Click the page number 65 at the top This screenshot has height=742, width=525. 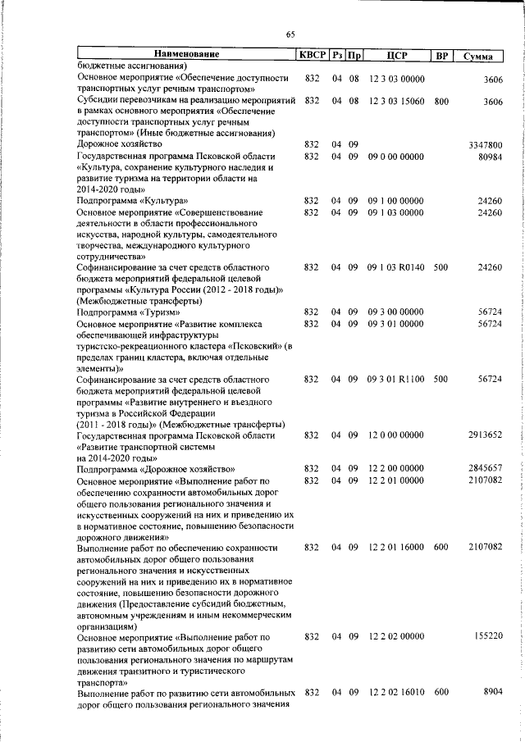(290, 34)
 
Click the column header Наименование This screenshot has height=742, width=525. (186, 55)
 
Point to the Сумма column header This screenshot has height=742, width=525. (477, 55)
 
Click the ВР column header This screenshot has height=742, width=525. (441, 55)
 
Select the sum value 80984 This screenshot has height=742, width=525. (489, 156)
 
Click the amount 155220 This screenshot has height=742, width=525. (487, 635)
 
